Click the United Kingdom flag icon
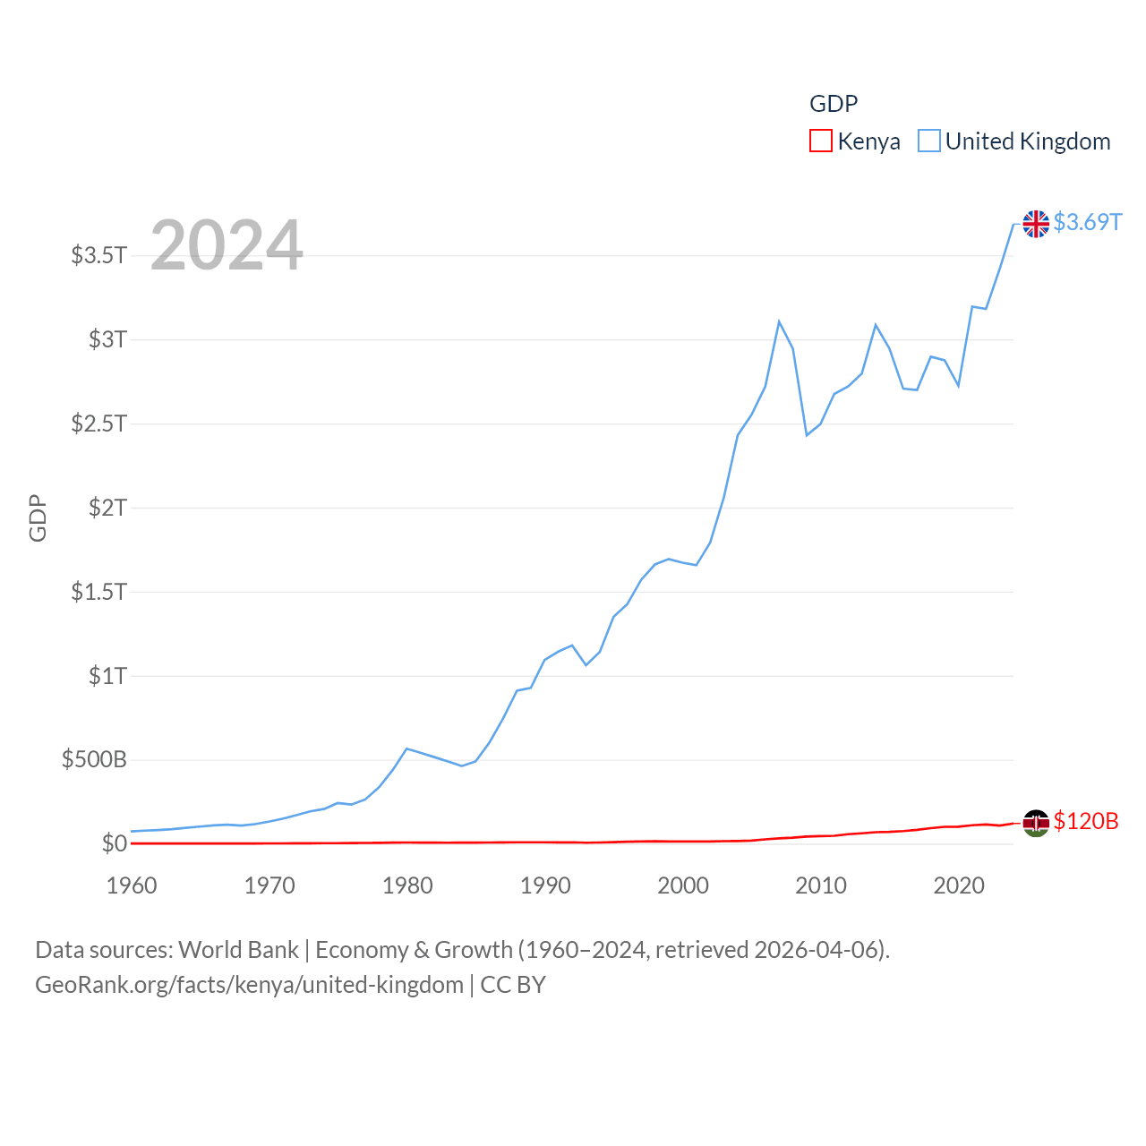click(1036, 224)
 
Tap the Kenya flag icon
click(1036, 823)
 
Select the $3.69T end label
click(1087, 222)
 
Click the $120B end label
click(1085, 821)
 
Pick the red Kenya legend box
click(820, 141)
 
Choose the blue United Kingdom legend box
click(929, 141)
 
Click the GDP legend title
click(834, 104)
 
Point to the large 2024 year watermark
click(227, 245)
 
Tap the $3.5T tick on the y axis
click(98, 255)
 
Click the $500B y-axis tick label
click(94, 760)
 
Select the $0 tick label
click(114, 843)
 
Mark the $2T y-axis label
click(107, 508)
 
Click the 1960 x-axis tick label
click(132, 885)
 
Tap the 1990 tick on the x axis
click(545, 885)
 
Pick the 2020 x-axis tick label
click(959, 885)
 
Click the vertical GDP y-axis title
click(38, 517)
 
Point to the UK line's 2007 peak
click(779, 321)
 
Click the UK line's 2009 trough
click(807, 435)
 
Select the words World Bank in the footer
click(239, 950)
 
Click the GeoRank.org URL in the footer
click(249, 985)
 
